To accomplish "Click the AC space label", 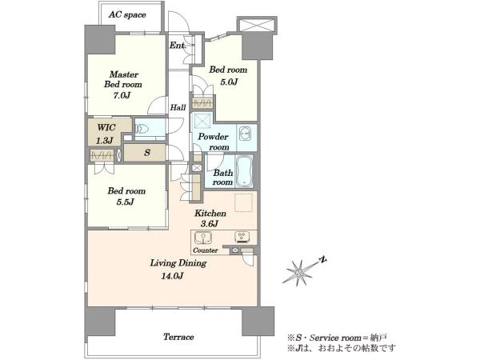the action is click(127, 14).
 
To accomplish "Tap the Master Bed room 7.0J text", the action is click(123, 85).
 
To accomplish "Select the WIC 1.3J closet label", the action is click(106, 134).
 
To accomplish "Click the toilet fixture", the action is click(142, 129).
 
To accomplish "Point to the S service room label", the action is click(147, 153).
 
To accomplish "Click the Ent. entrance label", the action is click(178, 46).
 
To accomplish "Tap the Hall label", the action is click(178, 107).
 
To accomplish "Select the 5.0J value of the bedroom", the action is click(229, 82).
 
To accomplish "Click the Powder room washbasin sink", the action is click(246, 134).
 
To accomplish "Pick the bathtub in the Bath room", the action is click(244, 171).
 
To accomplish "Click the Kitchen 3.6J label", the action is click(210, 218).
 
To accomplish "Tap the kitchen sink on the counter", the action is click(203, 238).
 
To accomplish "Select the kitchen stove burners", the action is click(242, 237).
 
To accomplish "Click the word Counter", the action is click(206, 250).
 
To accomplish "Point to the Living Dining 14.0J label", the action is click(178, 270).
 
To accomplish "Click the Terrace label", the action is click(178, 337).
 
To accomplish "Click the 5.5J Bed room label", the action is click(126, 196).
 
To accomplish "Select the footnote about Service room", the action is click(337, 338).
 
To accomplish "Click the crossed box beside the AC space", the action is click(257, 25).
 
